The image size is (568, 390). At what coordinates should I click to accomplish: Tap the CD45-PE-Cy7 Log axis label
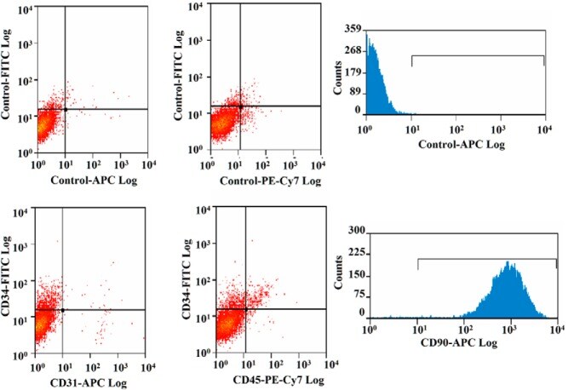pos(265,382)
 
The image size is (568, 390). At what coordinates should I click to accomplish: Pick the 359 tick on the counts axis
pos(353,28)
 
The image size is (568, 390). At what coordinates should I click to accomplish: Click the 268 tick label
pos(353,50)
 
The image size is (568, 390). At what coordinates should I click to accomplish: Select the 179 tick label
pos(353,72)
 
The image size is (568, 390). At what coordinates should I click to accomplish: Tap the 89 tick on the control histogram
pos(355,93)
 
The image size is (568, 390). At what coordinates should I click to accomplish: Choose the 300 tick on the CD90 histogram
pos(354,231)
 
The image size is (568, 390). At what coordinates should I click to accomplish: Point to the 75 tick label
pos(357,294)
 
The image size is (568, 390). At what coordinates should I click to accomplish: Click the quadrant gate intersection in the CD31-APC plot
pos(62,310)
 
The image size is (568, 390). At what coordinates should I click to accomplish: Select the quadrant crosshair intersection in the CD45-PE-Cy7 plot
pos(245,308)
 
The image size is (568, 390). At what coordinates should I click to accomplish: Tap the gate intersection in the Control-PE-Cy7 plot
pos(240,106)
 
